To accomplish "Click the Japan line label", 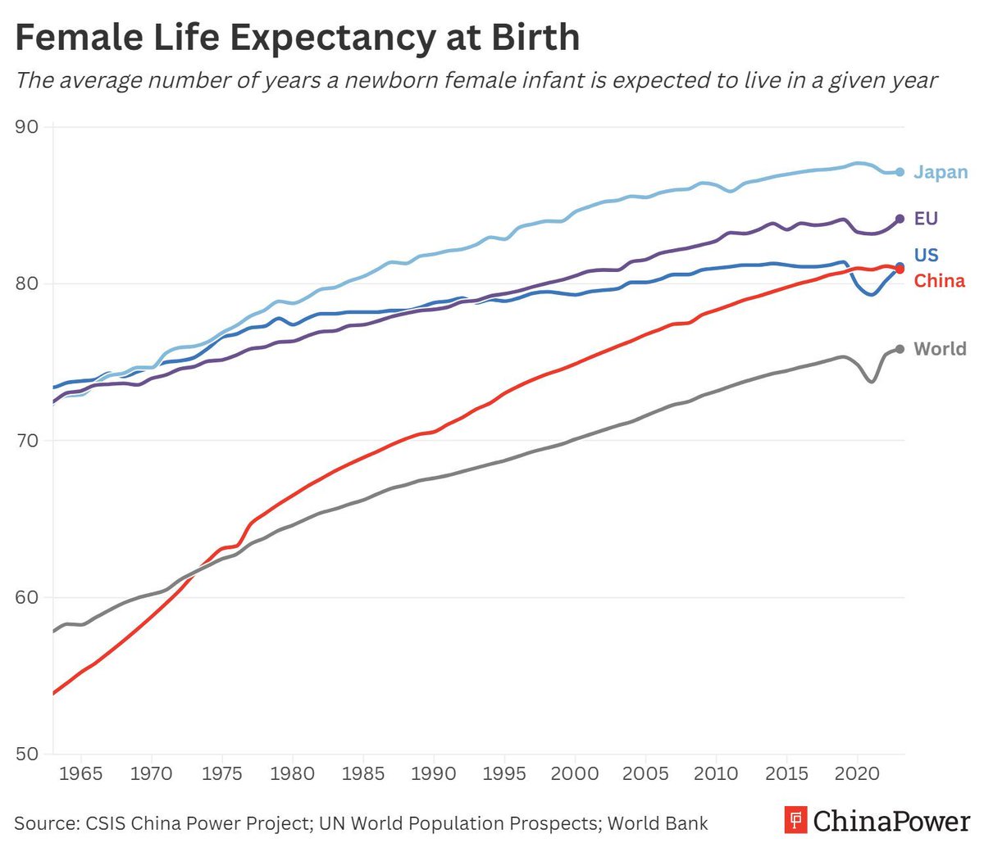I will coord(941,172).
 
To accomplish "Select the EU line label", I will coord(926,219).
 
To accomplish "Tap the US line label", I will coord(926,255).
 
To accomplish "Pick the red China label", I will coord(939,281).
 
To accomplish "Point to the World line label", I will coord(940,349).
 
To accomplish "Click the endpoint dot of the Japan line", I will coord(900,172).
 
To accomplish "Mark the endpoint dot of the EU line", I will coord(900,219).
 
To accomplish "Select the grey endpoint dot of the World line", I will coord(900,349).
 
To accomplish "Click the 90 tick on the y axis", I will coord(27,127).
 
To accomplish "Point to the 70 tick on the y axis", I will coord(27,441).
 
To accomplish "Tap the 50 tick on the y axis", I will coord(27,754).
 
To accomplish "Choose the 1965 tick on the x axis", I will coord(81,774).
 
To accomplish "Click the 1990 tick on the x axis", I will coord(433,774).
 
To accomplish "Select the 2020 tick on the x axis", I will coord(857,774).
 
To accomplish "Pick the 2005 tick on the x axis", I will coord(645,774).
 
